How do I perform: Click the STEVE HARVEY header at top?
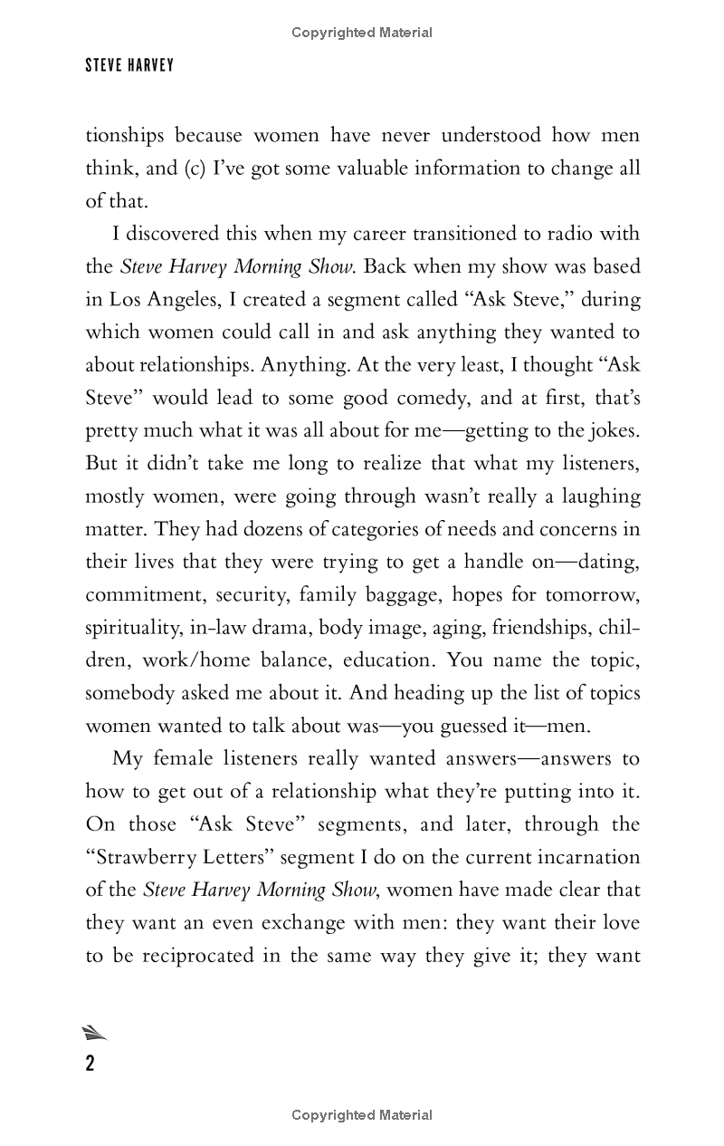(129, 66)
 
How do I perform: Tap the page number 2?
(90, 1064)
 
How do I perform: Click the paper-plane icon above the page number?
(94, 1033)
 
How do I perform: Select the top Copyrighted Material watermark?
(362, 33)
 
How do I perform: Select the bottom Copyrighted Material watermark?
(362, 1115)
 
